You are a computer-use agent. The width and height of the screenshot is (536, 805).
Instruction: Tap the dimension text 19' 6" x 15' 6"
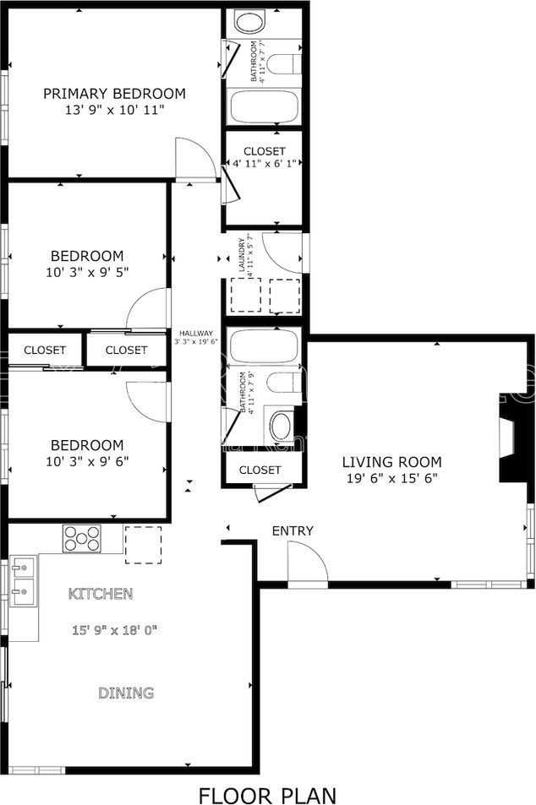[391, 478]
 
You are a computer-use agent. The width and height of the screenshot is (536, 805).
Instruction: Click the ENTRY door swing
[307, 563]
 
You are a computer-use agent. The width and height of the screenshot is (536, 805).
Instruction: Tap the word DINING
[126, 693]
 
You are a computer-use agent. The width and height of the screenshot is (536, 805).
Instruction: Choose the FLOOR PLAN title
[267, 794]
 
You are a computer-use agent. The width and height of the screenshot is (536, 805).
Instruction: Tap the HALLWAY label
[196, 333]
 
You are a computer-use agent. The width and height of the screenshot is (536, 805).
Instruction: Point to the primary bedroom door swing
[193, 158]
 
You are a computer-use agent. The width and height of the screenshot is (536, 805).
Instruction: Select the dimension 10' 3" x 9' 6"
[86, 461]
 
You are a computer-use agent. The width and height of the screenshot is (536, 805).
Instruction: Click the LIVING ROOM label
[391, 462]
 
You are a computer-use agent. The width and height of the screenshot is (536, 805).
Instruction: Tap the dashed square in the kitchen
[143, 545]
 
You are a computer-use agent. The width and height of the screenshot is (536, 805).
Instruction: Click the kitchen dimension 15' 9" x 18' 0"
[115, 630]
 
